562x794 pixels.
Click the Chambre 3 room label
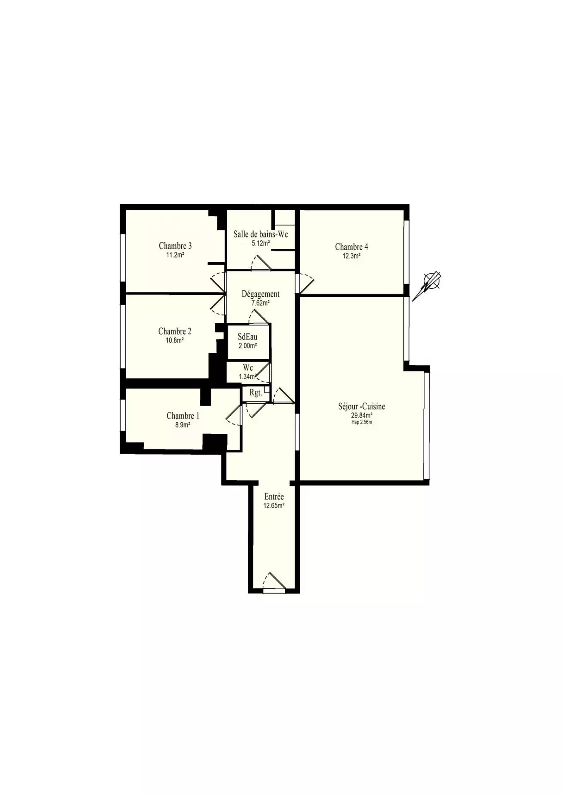[175, 246]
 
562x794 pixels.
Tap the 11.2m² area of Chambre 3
[175, 255]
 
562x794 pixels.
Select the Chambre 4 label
[351, 247]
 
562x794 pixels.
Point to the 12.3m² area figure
[351, 256]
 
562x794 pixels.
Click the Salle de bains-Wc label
[261, 234]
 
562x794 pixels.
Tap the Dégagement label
[261, 294]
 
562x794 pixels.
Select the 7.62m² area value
[261, 303]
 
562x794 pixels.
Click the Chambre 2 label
[175, 332]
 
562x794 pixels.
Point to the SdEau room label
[247, 337]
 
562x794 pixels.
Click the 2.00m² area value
[248, 346]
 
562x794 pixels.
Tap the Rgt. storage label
[256, 393]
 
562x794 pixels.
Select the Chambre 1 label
[183, 416]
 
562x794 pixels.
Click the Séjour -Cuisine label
[362, 407]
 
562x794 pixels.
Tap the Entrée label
[274, 497]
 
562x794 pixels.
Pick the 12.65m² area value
[274, 505]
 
